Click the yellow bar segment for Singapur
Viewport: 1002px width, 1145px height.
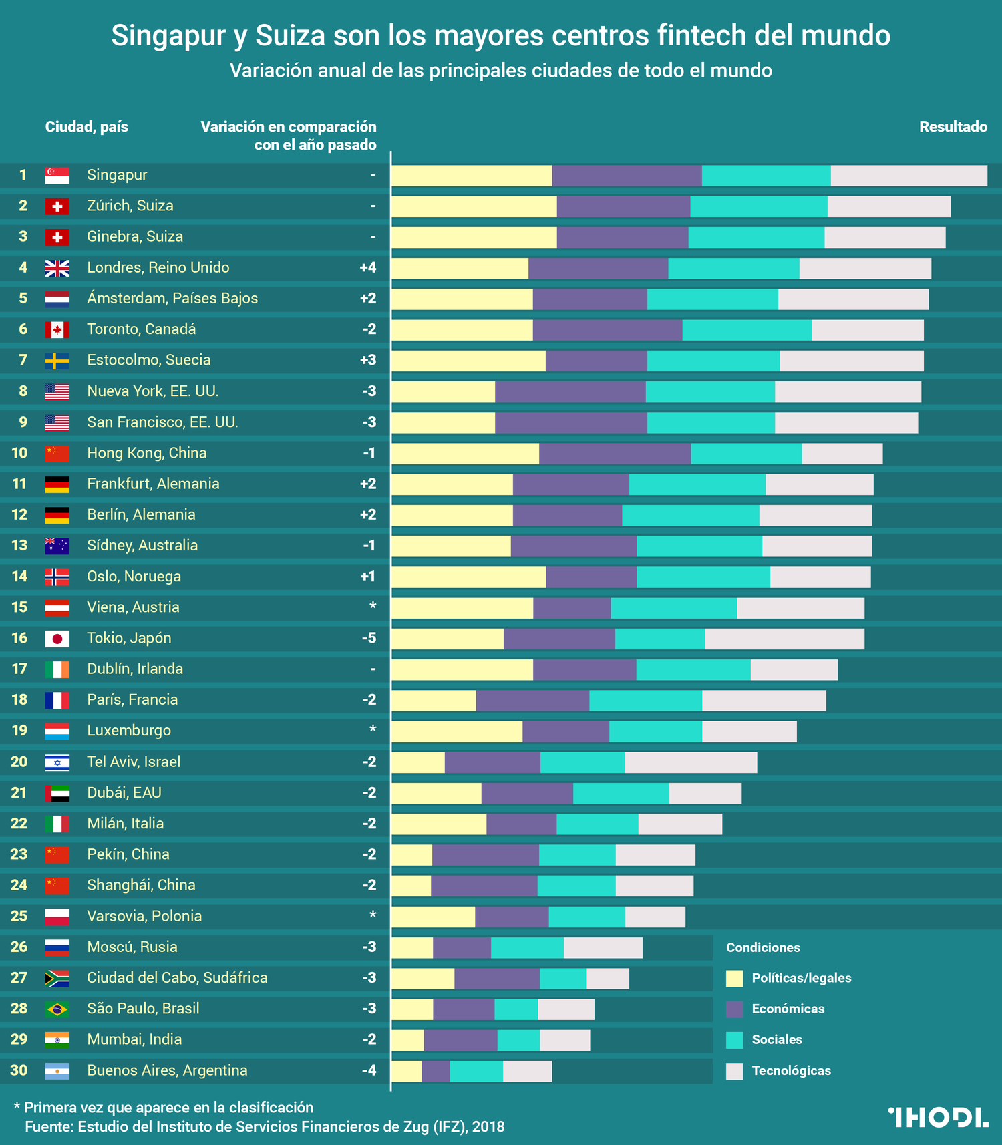click(472, 176)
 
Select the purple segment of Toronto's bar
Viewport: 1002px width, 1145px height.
click(607, 330)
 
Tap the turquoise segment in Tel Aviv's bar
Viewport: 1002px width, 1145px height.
click(582, 762)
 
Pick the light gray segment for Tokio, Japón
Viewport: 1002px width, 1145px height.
click(784, 639)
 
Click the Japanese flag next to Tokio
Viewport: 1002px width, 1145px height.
click(57, 639)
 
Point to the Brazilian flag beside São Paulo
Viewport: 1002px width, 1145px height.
click(57, 1009)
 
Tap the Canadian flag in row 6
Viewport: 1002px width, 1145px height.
click(57, 330)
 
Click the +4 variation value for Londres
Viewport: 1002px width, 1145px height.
click(368, 268)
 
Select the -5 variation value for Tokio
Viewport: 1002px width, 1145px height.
click(369, 639)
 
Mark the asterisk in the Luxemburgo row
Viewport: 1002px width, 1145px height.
click(373, 729)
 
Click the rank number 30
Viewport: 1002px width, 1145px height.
click(19, 1071)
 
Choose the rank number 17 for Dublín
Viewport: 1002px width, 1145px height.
click(19, 669)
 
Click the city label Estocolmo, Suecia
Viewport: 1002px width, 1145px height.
click(148, 361)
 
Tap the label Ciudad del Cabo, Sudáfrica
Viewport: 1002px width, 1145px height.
click(177, 978)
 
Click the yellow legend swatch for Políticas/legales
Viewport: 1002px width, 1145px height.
click(734, 979)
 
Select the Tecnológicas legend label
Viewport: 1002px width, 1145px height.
click(791, 1071)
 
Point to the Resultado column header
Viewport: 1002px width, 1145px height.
click(953, 127)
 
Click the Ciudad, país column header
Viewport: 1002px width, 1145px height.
click(86, 127)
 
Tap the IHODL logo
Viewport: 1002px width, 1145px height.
click(938, 1117)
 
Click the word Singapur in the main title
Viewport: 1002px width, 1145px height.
click(168, 36)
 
